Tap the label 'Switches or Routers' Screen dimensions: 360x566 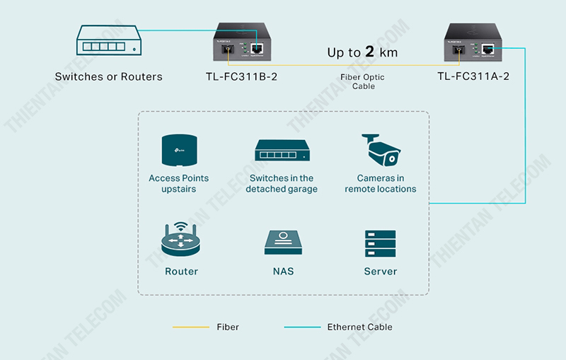[108, 76]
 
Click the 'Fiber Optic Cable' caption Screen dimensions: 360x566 [363, 81]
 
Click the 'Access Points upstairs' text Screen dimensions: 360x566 [178, 184]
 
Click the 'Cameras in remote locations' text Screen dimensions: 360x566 [381, 184]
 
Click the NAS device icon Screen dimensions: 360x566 [283, 243]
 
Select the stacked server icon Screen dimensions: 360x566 [381, 243]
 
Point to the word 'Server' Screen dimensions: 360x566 [381, 272]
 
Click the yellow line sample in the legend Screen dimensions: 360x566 [190, 327]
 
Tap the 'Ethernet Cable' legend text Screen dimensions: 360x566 [359, 327]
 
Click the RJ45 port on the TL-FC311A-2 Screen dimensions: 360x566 [489, 50]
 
